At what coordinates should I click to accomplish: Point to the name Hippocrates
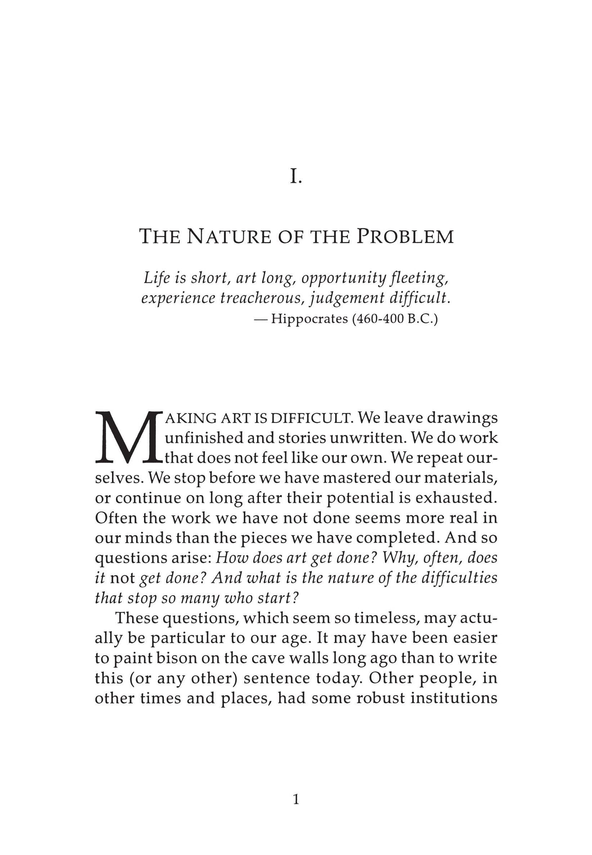click(309, 319)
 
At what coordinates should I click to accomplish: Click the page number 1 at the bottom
click(296, 799)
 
